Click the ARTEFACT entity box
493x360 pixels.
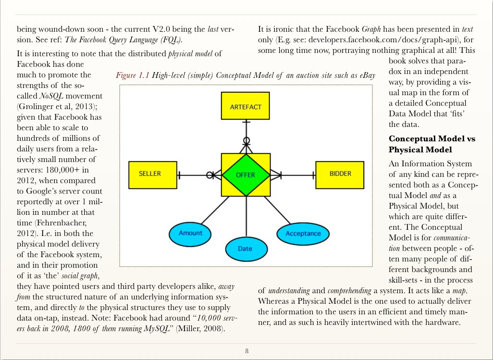tap(245, 106)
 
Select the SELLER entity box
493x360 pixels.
tap(153, 175)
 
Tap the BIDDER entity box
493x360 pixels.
tap(340, 175)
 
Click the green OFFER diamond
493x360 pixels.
tap(246, 175)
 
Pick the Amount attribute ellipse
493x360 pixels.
tap(190, 234)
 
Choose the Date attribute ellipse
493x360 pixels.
tap(246, 248)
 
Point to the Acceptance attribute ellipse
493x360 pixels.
tap(303, 234)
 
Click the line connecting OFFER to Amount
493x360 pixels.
tap(215, 211)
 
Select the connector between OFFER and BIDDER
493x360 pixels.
tap(293, 175)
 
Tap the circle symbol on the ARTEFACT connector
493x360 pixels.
tap(246, 140)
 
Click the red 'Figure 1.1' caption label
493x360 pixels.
tap(132, 75)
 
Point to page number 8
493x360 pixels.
tap(247, 351)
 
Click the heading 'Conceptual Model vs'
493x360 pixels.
tap(432, 138)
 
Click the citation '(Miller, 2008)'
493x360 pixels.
tap(200, 329)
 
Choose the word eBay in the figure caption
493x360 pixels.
tap(368, 75)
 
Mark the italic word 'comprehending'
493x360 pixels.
tap(349, 291)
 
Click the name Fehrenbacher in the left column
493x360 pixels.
tap(62, 223)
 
